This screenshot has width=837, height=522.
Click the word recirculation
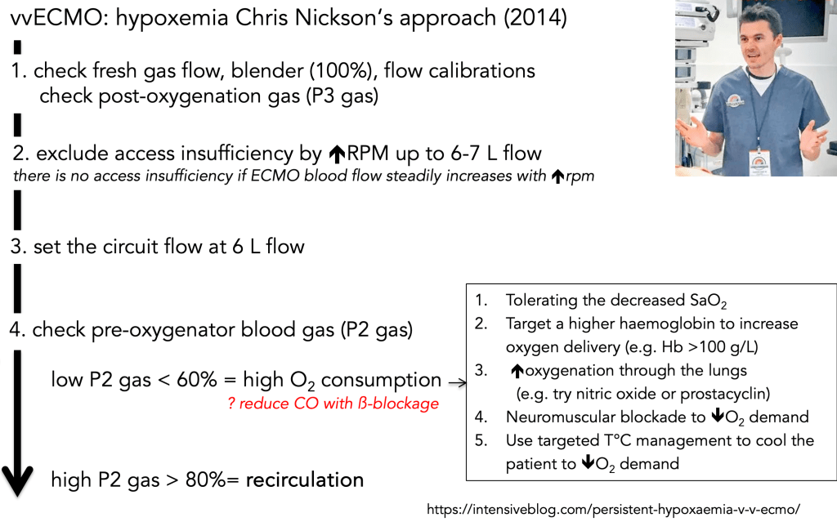point(304,480)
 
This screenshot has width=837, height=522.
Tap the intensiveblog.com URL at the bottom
point(613,508)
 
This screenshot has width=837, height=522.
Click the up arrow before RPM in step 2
point(338,154)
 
